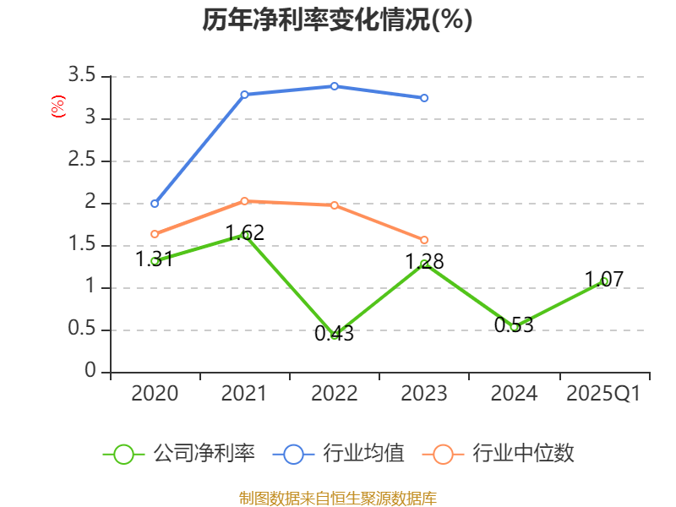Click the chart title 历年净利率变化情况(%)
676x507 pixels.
[x=337, y=20]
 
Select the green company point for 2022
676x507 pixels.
[x=335, y=335]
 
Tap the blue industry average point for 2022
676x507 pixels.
[x=335, y=86]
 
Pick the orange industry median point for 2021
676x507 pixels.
[x=244, y=201]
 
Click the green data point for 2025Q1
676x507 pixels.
[x=604, y=281]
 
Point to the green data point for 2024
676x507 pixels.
[x=514, y=326]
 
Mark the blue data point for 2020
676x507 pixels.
[x=155, y=204]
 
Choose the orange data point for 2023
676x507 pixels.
[x=424, y=240]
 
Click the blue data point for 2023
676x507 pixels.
[x=424, y=98]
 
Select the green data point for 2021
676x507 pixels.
[x=245, y=235]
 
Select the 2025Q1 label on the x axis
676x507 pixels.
[x=603, y=394]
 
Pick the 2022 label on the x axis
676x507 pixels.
[x=335, y=394]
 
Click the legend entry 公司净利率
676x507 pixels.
[x=203, y=454]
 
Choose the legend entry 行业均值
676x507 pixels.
[x=364, y=454]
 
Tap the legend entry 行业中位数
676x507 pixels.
[x=523, y=454]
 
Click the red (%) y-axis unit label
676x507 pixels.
[x=58, y=107]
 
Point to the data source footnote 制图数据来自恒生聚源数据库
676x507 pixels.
[x=337, y=498]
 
